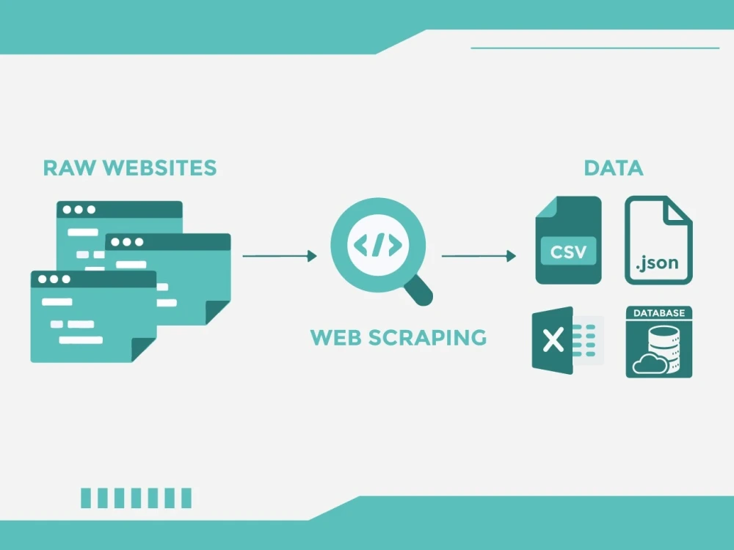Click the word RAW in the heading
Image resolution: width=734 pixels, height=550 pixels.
pyautogui.click(x=69, y=168)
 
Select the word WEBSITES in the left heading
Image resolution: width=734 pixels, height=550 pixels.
pyautogui.click(x=159, y=168)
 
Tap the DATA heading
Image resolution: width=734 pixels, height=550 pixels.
pyautogui.click(x=614, y=168)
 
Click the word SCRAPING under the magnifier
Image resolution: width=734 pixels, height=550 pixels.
pyautogui.click(x=427, y=337)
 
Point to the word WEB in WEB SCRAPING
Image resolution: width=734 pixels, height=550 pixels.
pyautogui.click(x=335, y=337)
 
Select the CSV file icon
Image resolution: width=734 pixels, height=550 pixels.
pyautogui.click(x=568, y=240)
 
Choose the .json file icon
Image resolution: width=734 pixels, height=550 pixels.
pyautogui.click(x=658, y=240)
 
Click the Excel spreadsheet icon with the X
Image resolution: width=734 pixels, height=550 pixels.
pyautogui.click(x=568, y=340)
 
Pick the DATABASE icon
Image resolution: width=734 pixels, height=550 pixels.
pyautogui.click(x=659, y=342)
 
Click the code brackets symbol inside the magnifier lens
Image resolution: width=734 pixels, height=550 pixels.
pyautogui.click(x=378, y=245)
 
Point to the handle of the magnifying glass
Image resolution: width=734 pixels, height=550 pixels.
pyautogui.click(x=418, y=290)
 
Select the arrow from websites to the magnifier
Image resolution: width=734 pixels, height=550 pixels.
pyautogui.click(x=280, y=256)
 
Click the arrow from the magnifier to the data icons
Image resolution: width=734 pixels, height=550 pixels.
pyautogui.click(x=479, y=256)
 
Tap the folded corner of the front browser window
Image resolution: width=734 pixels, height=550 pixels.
pyautogui.click(x=144, y=350)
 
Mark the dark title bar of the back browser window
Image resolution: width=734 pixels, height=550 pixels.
pyautogui.click(x=120, y=210)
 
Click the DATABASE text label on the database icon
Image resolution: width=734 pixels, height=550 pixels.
pyautogui.click(x=659, y=313)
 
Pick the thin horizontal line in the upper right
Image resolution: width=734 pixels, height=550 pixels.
pyautogui.click(x=595, y=48)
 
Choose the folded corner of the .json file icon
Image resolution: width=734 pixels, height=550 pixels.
pyautogui.click(x=677, y=210)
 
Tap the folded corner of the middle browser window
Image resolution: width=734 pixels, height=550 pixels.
pyautogui.click(x=218, y=312)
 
